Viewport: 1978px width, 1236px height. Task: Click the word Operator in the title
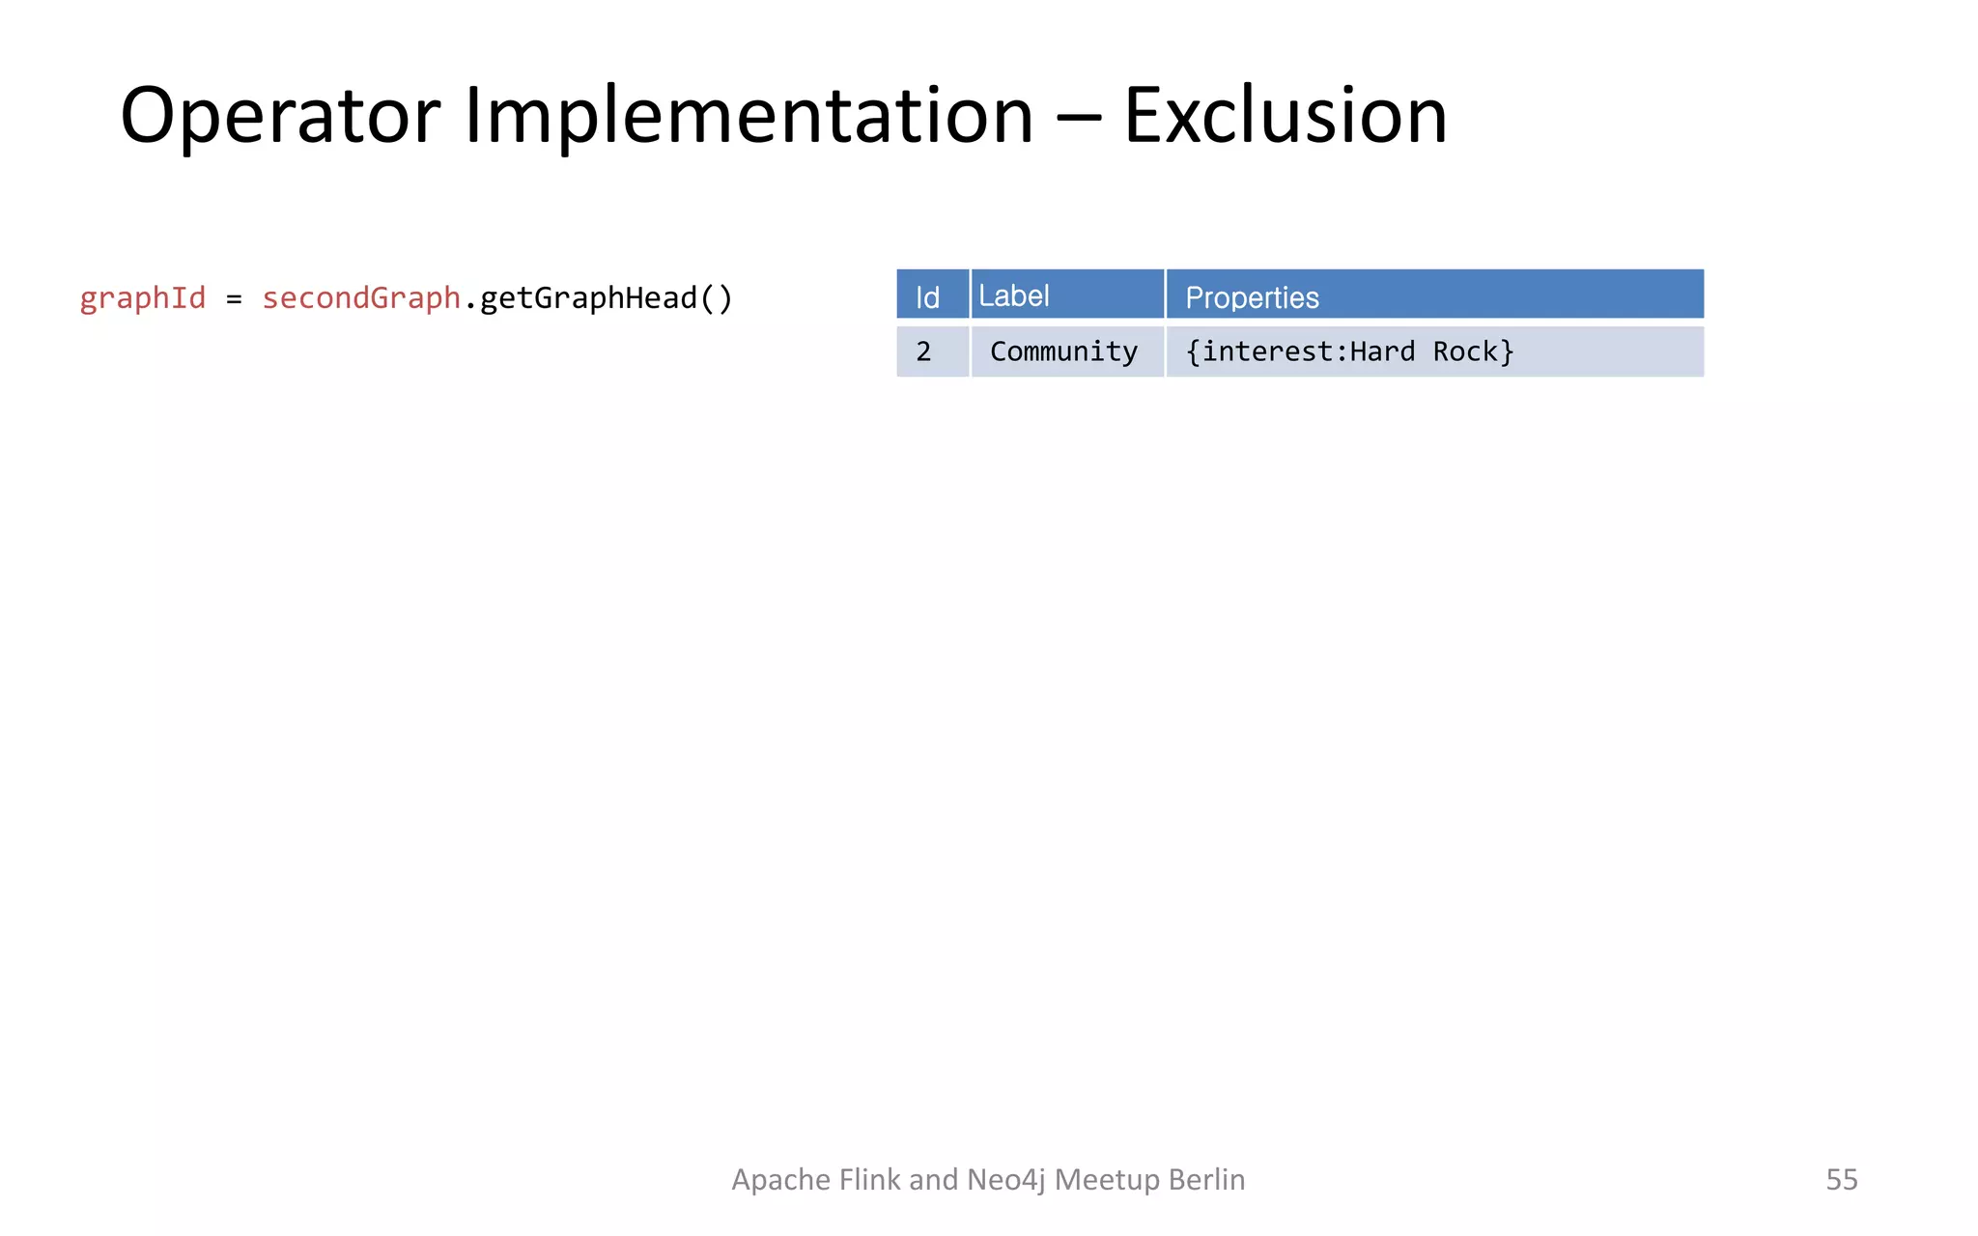[x=280, y=116]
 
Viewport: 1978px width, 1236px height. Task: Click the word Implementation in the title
[x=749, y=116]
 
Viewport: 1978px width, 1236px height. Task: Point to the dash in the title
[x=1078, y=118]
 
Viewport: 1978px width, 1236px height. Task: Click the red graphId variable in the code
[x=143, y=297]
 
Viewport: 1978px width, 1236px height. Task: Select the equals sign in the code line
[x=234, y=299]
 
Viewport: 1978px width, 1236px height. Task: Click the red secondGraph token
[x=361, y=297]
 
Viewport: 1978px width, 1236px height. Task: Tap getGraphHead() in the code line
[x=607, y=297]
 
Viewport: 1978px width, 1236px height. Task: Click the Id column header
[x=927, y=296]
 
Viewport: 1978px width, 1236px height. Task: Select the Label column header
[x=1013, y=295]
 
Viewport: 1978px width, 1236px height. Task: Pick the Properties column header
[x=1252, y=297]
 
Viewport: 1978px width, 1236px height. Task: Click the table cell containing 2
[x=924, y=351]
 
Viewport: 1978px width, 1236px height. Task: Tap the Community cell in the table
[x=1063, y=351]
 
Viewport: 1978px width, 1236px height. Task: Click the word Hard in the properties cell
[x=1382, y=351]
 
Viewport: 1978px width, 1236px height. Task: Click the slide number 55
[x=1841, y=1179]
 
